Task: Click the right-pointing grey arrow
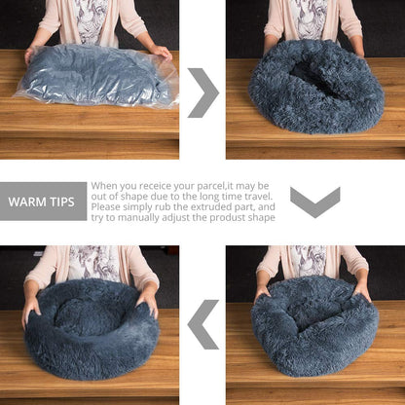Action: [202, 92]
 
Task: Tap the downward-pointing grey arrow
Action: [315, 202]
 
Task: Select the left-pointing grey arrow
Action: [202, 324]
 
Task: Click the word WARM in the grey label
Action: [29, 202]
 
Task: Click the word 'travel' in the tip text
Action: [255, 196]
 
